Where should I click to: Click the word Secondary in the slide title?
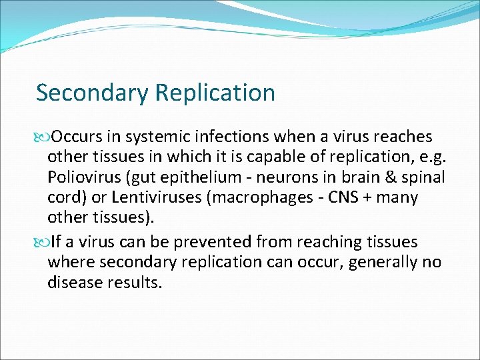92,93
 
